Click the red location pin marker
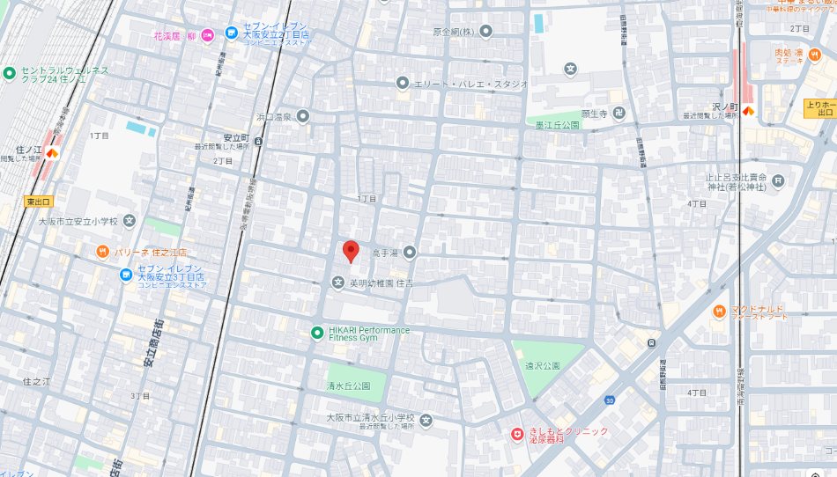pos(351,251)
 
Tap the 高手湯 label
pos(385,253)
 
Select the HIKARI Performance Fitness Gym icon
pos(317,332)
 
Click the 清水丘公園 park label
pos(348,386)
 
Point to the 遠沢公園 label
pos(543,365)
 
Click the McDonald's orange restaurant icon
pos(719,311)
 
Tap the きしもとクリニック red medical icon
pos(517,434)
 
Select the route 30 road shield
pos(609,400)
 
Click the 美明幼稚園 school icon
pos(337,283)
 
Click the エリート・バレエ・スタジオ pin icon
pos(403,84)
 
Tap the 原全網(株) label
pos(454,32)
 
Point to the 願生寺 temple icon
pos(619,114)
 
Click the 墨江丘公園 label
pos(558,125)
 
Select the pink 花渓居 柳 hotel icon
pos(208,35)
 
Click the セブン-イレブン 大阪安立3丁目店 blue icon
pos(126,275)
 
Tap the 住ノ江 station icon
pos(52,153)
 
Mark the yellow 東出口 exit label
pos(39,202)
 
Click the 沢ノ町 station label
pos(725,106)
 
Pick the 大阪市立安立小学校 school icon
pos(130,221)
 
